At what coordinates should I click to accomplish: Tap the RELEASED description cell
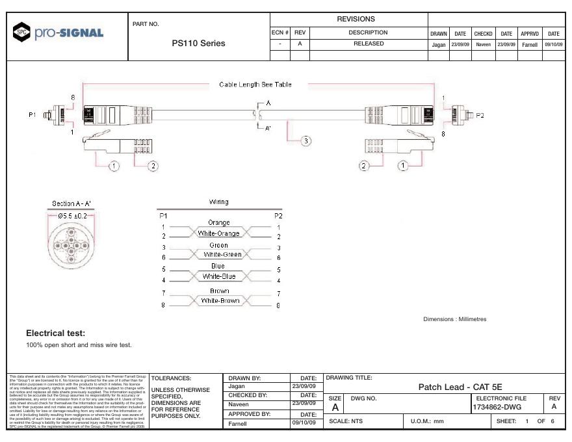369,44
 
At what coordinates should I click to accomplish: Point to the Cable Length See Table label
255,84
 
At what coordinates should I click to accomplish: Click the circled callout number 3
305,141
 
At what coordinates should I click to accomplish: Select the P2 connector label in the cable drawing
480,114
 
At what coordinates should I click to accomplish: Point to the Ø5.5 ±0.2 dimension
71,215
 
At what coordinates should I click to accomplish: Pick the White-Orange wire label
218,233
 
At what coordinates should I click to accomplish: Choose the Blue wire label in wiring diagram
218,266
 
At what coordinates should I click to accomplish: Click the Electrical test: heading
57,333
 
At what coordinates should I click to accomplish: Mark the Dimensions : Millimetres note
454,319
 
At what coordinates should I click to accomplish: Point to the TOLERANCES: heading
171,378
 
